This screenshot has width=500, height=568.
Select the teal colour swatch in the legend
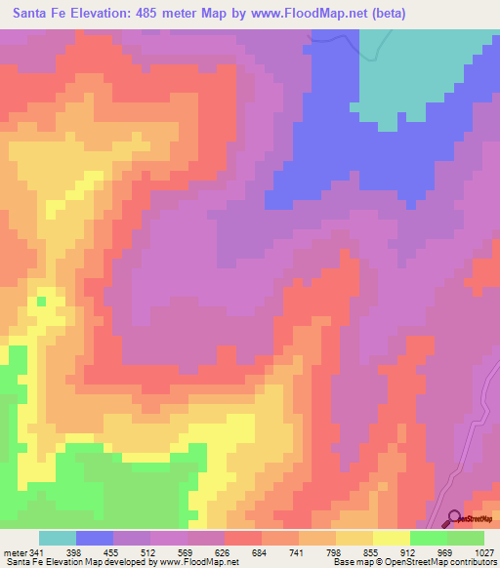pos(58,538)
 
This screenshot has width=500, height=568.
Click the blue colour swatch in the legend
pos(95,538)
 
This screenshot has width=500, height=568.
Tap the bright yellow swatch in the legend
pos(392,538)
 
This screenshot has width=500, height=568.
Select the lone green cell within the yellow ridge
pos(41,302)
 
